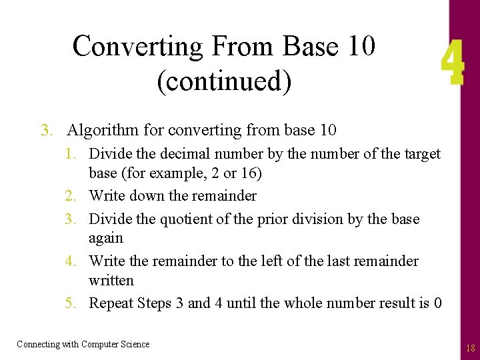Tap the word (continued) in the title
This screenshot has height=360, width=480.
224,81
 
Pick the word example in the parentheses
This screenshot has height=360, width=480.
172,173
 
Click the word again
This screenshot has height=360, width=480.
106,238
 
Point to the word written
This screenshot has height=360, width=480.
111,280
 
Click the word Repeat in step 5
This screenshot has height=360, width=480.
111,303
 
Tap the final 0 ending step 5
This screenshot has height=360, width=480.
437,303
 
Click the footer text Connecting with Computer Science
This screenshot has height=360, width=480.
83,344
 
